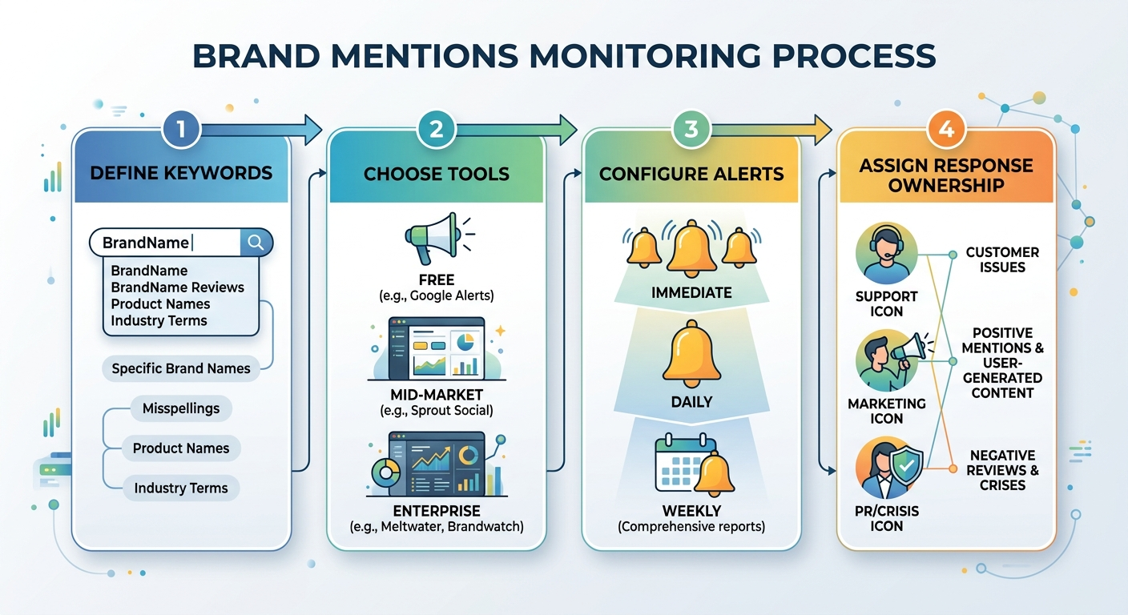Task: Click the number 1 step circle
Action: pyautogui.click(x=181, y=130)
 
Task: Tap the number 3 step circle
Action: pyautogui.click(x=691, y=130)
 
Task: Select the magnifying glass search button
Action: pyautogui.click(x=256, y=243)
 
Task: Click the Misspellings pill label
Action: pyautogui.click(x=181, y=408)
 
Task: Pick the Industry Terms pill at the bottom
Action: pyautogui.click(x=181, y=488)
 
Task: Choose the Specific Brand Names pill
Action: pyautogui.click(x=181, y=368)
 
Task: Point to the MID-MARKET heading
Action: pyautogui.click(x=437, y=395)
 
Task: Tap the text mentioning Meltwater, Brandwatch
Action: pyautogui.click(x=437, y=527)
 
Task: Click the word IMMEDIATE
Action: pyautogui.click(x=691, y=293)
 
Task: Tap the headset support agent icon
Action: pyautogui.click(x=885, y=255)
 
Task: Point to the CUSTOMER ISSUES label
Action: pyautogui.click(x=1002, y=259)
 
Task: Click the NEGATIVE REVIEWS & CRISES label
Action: pyautogui.click(x=1002, y=470)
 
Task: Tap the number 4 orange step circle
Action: pyautogui.click(x=946, y=130)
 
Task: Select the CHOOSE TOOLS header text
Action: pyautogui.click(x=437, y=174)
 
